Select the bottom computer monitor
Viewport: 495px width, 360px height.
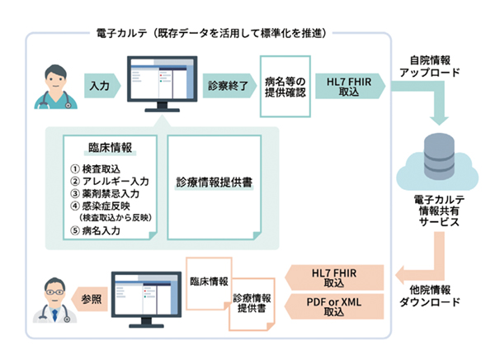click(x=145, y=296)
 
